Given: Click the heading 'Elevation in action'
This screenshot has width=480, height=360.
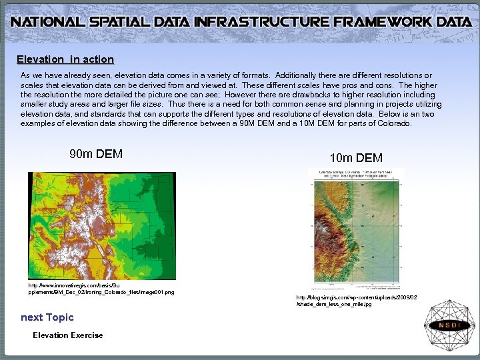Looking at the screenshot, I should [65, 59].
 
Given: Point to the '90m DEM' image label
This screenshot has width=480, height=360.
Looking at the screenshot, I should [96, 154].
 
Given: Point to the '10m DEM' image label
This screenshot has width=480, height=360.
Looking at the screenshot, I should [356, 158].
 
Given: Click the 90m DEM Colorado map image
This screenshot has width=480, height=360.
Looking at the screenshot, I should [102, 225].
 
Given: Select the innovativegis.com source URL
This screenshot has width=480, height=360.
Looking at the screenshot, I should [101, 289].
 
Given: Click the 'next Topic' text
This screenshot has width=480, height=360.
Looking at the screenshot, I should [47, 317].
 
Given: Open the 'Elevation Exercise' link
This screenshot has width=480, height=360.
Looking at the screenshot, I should [68, 335].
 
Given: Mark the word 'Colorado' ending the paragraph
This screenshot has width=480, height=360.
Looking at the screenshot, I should [395, 123].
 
